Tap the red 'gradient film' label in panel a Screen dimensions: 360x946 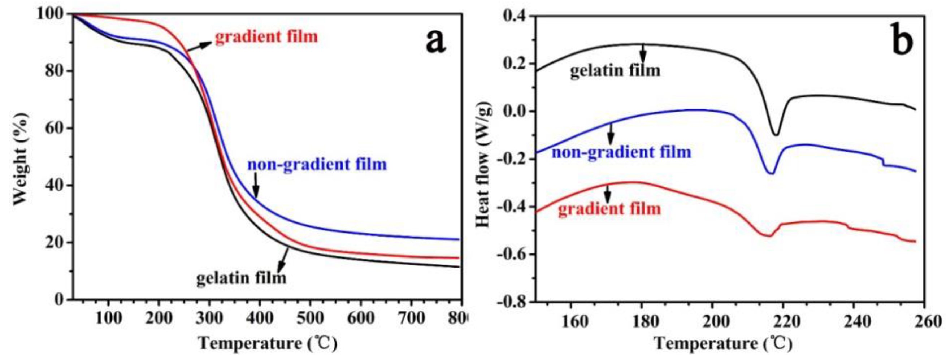266,37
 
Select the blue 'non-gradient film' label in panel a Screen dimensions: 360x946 317,164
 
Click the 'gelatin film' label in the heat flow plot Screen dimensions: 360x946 615,70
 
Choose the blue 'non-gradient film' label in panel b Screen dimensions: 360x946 621,152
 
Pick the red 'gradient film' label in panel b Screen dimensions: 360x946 609,209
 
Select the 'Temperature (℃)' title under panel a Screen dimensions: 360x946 268,343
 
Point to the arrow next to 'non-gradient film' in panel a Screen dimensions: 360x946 256,186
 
